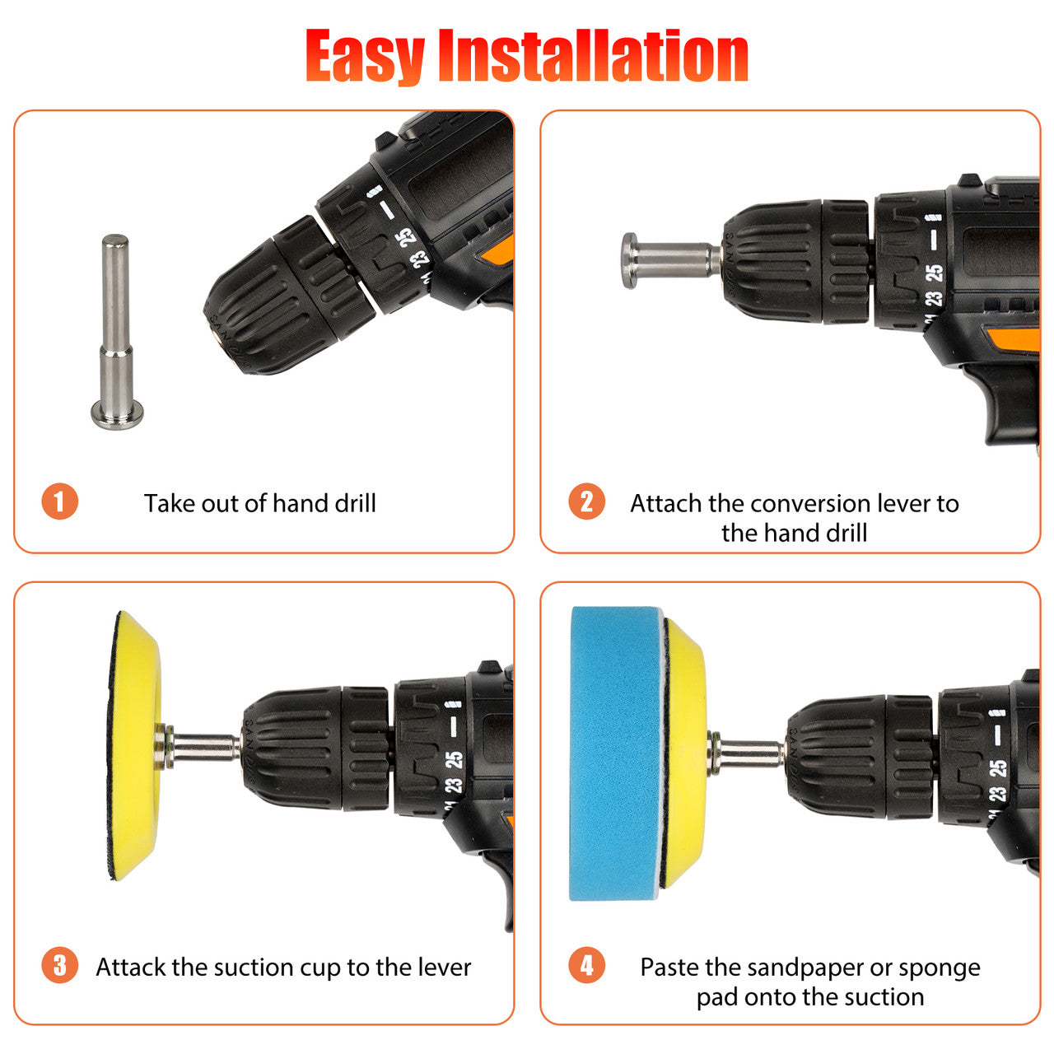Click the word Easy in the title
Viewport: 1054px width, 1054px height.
click(365, 56)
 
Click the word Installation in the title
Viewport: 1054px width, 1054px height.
click(594, 55)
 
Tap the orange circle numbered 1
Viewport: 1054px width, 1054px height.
click(59, 501)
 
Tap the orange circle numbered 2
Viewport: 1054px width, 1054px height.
click(586, 501)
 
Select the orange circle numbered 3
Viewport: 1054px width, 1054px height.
click(59, 965)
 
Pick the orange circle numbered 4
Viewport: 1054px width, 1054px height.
click(586, 965)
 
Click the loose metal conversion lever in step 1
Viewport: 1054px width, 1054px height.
click(116, 332)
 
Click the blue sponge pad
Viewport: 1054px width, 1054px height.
click(617, 753)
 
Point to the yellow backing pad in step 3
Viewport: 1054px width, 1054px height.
click(134, 745)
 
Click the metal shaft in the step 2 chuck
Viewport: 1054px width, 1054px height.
click(672, 260)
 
